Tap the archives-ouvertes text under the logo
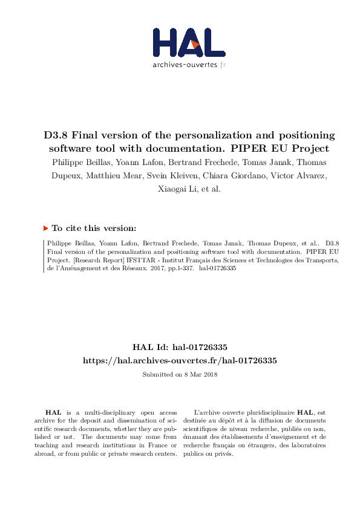pos(189,64)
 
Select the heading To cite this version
pos(94,229)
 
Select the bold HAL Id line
pos(180,348)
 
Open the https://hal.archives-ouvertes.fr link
pos(180,360)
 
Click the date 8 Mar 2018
pos(201,374)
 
